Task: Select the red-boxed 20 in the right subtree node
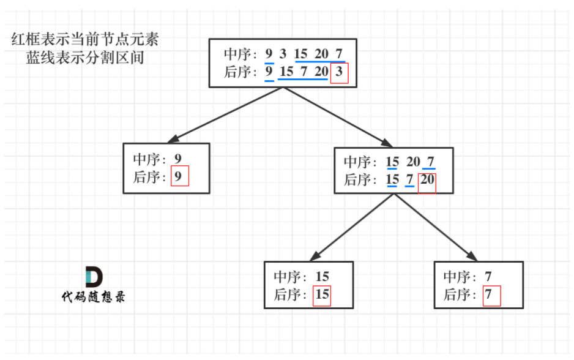[427, 180]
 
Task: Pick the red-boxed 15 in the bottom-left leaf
[322, 294]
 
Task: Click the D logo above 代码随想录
[94, 277]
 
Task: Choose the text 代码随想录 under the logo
[94, 297]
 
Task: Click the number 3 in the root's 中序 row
[283, 54]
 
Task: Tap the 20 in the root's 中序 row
[321, 54]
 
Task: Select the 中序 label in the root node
[241, 54]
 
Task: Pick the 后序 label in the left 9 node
[151, 177]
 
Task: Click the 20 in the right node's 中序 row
[413, 162]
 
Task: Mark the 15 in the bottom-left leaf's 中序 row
[322, 277]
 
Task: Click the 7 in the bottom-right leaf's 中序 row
[488, 277]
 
